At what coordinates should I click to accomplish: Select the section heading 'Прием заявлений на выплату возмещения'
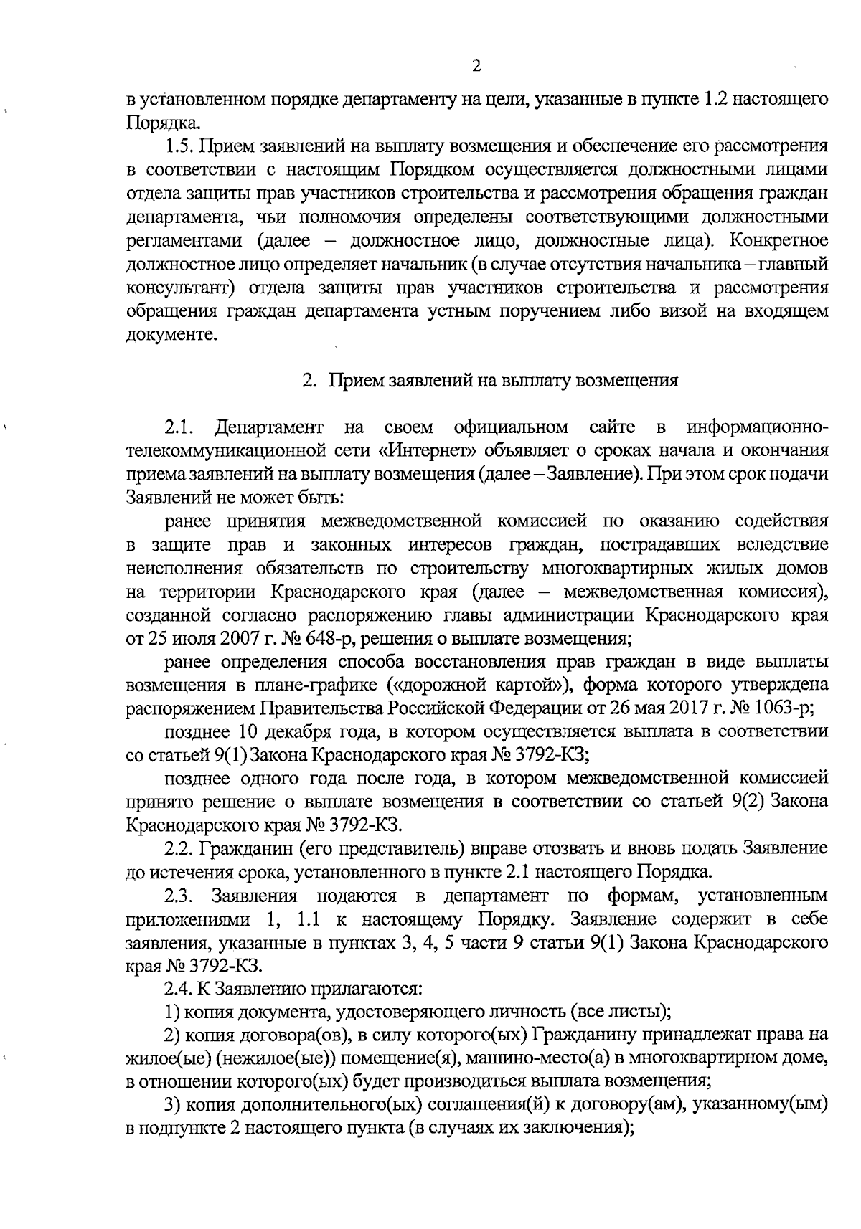tap(503, 381)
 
